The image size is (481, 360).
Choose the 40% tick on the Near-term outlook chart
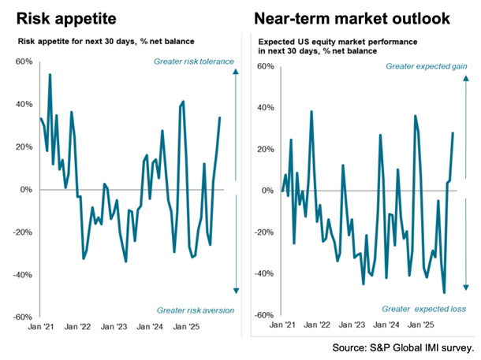265,108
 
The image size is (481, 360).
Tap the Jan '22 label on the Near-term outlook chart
315,323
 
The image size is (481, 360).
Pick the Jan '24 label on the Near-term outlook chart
386,323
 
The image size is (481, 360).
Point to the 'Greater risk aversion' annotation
195,310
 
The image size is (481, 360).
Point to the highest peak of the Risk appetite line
50,75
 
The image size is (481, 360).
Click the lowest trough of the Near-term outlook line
444,293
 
